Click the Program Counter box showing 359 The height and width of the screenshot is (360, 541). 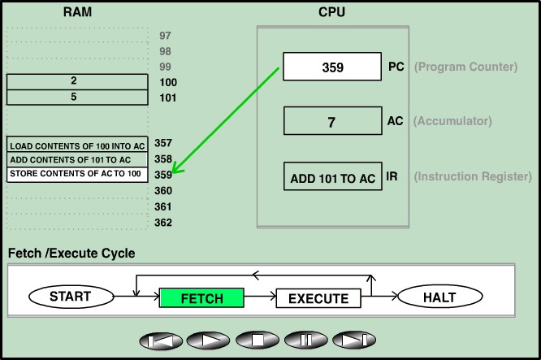coord(333,67)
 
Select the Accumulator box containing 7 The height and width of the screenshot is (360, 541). coord(331,121)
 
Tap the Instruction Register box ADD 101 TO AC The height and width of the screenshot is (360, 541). coord(333,177)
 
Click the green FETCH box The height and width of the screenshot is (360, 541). coord(201,298)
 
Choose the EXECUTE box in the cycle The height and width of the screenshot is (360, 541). coord(318,298)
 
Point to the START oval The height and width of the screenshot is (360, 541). coord(71,297)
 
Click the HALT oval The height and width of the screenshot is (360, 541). coord(439,297)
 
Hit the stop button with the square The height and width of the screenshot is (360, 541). coord(258,340)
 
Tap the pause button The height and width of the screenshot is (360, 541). coord(306,340)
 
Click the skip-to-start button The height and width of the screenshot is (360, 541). coord(161,340)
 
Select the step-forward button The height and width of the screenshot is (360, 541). coord(355,340)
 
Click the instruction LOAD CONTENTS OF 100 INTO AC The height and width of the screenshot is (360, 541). coord(77,145)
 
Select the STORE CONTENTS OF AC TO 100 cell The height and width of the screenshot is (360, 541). coord(77,174)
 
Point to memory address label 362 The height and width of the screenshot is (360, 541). coord(163,223)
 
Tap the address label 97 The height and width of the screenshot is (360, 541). coord(166,36)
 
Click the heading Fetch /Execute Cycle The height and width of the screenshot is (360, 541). coord(71,254)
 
